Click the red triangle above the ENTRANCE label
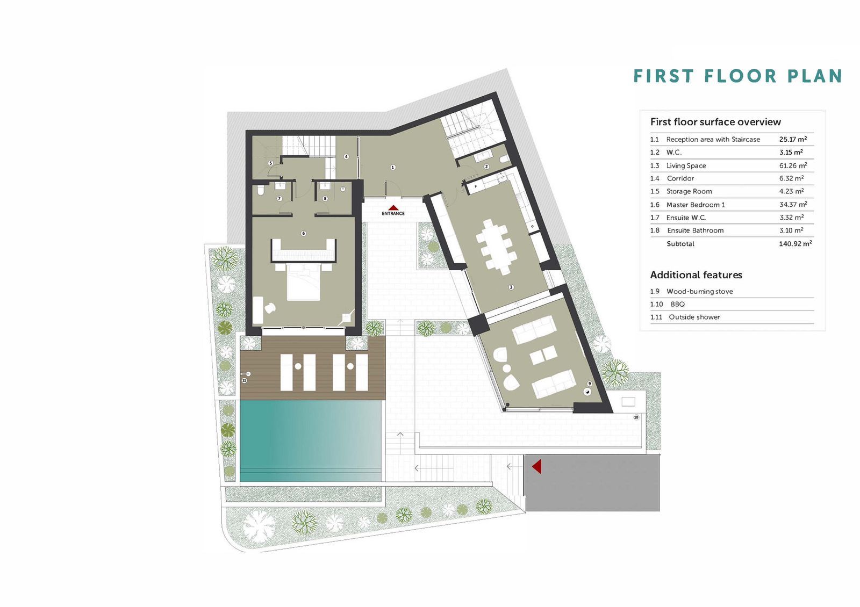coord(393,208)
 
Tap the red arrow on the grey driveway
coord(537,467)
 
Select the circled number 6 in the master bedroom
coord(303,233)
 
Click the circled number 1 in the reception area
coord(392,167)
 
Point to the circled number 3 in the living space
coord(511,287)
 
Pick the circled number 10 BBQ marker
coord(636,417)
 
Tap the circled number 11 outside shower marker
coord(244,380)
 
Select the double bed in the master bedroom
coord(303,283)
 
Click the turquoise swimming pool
coord(311,440)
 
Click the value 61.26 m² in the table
coord(793,165)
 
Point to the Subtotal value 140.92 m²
coord(795,244)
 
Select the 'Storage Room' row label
coord(689,191)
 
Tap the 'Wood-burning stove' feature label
coord(699,291)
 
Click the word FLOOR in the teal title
coord(741,76)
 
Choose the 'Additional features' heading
coord(696,274)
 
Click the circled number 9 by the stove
coord(590,384)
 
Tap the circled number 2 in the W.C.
coord(486,167)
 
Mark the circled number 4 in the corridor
coord(346,156)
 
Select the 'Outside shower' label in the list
coord(694,317)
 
